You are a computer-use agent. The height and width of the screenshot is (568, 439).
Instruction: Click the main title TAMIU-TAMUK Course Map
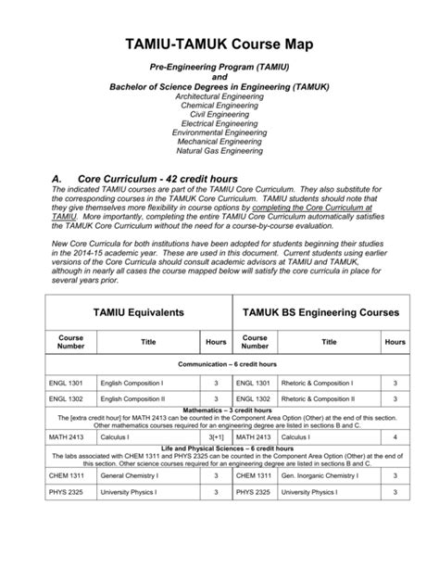219,43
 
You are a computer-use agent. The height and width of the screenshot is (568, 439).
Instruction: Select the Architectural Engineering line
219,95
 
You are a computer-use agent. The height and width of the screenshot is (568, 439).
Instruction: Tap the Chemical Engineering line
219,105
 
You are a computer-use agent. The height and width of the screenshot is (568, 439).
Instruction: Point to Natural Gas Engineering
219,149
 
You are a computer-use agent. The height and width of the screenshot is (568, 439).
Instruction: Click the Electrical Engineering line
219,122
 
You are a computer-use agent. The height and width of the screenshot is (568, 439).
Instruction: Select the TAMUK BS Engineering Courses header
320,313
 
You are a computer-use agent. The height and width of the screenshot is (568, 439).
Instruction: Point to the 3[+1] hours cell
216,436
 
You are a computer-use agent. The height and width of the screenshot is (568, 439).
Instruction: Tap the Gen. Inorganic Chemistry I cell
321,475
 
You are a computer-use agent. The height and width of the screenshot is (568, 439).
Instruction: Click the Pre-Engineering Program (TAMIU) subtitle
219,69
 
